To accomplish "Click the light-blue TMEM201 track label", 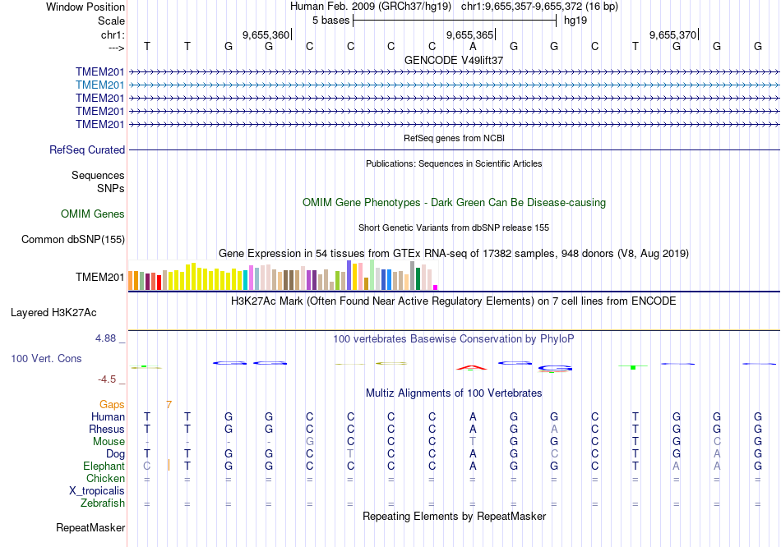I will pyautogui.click(x=99, y=85).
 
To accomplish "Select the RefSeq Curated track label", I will pyautogui.click(x=87, y=150).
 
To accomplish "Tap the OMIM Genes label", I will pyautogui.click(x=93, y=214).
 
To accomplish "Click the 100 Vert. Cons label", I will pyautogui.click(x=46, y=359).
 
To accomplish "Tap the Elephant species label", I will pyautogui.click(x=104, y=466).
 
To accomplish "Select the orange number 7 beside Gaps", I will pyautogui.click(x=169, y=405).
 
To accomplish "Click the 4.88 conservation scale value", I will pyautogui.click(x=109, y=338).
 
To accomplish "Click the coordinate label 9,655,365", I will pyautogui.click(x=469, y=34).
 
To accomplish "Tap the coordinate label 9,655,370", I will pyautogui.click(x=672, y=34).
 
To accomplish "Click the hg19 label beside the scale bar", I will pyautogui.click(x=575, y=21).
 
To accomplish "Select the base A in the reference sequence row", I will pyautogui.click(x=473, y=46).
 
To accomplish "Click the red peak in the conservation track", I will pyautogui.click(x=471, y=366).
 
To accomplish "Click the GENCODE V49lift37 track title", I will pyautogui.click(x=454, y=60).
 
